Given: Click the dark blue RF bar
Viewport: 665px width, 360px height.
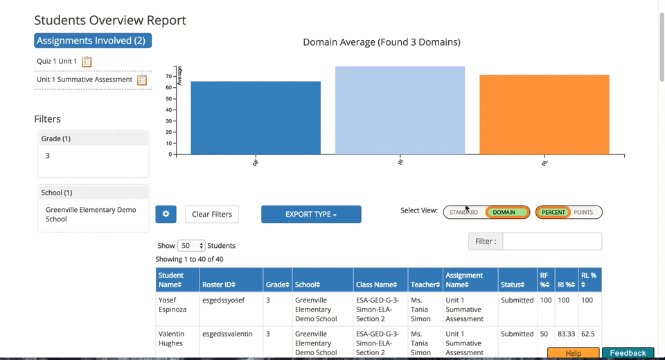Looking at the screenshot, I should click(x=256, y=118).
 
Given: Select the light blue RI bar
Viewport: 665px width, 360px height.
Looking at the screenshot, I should click(x=400, y=110).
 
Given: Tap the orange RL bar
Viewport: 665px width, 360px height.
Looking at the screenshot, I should click(x=544, y=114).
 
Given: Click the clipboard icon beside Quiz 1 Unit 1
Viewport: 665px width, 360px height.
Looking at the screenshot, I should click(x=87, y=62).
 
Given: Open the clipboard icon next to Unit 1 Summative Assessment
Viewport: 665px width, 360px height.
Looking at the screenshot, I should click(x=142, y=80).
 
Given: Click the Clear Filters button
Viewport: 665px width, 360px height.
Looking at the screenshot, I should click(x=212, y=214).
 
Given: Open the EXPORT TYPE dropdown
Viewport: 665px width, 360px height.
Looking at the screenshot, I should click(x=311, y=215).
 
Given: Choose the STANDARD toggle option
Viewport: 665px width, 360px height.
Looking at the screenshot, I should click(x=463, y=213).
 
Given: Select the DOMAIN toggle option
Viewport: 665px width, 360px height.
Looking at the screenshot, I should click(x=504, y=213).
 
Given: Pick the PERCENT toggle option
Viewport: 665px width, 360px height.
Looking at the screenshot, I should click(x=553, y=213).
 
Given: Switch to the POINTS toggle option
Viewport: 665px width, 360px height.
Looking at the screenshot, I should click(x=583, y=213).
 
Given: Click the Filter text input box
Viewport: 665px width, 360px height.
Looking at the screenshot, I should click(x=551, y=242).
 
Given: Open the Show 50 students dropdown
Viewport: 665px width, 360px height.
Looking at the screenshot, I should click(x=191, y=246).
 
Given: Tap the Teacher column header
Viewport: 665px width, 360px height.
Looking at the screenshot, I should click(x=425, y=285).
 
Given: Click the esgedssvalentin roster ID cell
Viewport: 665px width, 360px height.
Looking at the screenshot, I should click(x=227, y=334).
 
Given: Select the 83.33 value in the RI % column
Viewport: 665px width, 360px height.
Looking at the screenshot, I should click(x=566, y=334).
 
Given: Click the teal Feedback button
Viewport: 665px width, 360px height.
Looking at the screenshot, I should click(x=628, y=353).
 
